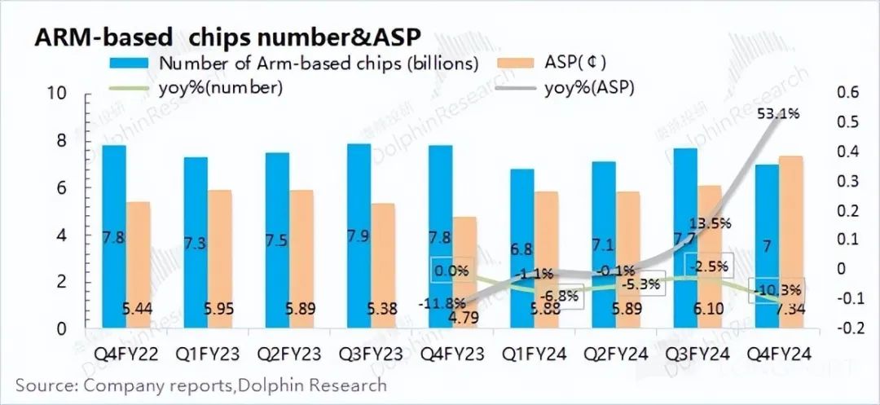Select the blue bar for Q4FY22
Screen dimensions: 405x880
[x=114, y=236]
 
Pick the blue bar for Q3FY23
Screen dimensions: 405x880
[x=359, y=236]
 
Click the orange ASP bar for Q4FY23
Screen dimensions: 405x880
[x=465, y=273]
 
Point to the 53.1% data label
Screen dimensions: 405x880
[x=777, y=114]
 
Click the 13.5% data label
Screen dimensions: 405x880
[x=710, y=222]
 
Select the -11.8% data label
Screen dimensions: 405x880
[x=442, y=305]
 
